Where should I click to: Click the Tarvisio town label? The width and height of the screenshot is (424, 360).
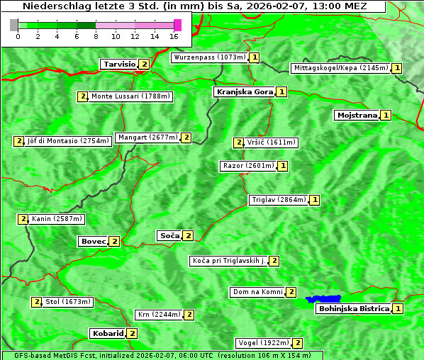[x=119, y=64]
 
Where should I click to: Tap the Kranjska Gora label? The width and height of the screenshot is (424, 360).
[x=244, y=92]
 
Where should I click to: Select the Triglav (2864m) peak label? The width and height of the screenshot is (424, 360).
[x=279, y=200]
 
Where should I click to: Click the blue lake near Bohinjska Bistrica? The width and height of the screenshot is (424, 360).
[x=323, y=299]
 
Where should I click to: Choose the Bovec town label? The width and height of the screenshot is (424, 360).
[x=93, y=242]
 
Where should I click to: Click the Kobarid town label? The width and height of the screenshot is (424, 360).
[x=107, y=333]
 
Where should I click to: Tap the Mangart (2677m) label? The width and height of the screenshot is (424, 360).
[x=147, y=137]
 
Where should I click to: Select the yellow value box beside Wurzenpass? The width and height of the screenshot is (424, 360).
[x=255, y=57]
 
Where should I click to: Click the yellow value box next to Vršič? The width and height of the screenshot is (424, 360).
[x=238, y=142]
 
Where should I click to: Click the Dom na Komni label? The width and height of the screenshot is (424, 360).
[x=257, y=292]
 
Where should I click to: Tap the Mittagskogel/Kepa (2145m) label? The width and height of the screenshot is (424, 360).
[x=340, y=68]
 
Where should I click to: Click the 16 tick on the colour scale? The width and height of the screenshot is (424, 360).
[x=174, y=35]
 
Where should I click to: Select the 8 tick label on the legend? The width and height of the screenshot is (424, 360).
[x=96, y=35]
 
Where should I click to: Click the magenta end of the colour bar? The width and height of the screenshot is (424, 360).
[x=177, y=25]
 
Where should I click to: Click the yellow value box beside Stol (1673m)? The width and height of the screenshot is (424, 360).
[x=36, y=302]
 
